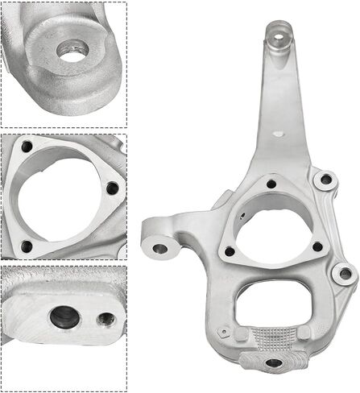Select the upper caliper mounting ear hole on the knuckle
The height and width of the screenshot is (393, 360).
pos(325,180)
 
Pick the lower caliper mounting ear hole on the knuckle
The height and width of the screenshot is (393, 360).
pos(345,274)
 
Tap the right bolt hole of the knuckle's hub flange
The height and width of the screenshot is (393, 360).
pos(317,246)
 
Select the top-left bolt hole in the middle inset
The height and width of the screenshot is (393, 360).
pos(27,148)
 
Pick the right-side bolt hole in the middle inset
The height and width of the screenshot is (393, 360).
pos(112,188)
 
